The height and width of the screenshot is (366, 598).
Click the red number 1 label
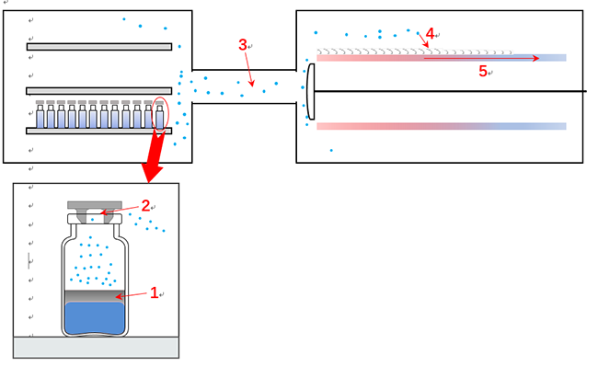coord(155,293)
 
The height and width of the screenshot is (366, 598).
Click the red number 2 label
coord(145,206)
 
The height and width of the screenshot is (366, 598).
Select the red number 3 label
coord(242,44)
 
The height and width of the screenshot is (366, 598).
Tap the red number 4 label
coord(430,33)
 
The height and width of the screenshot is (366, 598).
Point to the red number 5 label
coord(483,72)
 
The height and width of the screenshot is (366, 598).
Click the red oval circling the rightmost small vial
coord(161,113)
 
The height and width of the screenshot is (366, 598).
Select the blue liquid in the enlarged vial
coord(94,316)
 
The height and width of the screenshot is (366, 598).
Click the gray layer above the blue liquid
coord(94,295)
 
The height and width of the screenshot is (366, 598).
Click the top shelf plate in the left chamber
coord(99,46)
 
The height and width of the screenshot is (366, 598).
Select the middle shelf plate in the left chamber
coord(99,91)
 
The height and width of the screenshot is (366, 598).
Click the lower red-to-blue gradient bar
coord(442,126)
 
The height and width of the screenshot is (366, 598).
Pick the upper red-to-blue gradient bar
coord(368,58)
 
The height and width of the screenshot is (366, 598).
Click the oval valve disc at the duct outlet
coord(311,92)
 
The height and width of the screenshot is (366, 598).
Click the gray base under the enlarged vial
coord(96,347)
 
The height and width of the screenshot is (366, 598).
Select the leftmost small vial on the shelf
coord(40,116)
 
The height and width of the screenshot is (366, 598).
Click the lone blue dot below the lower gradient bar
coord(331,150)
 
